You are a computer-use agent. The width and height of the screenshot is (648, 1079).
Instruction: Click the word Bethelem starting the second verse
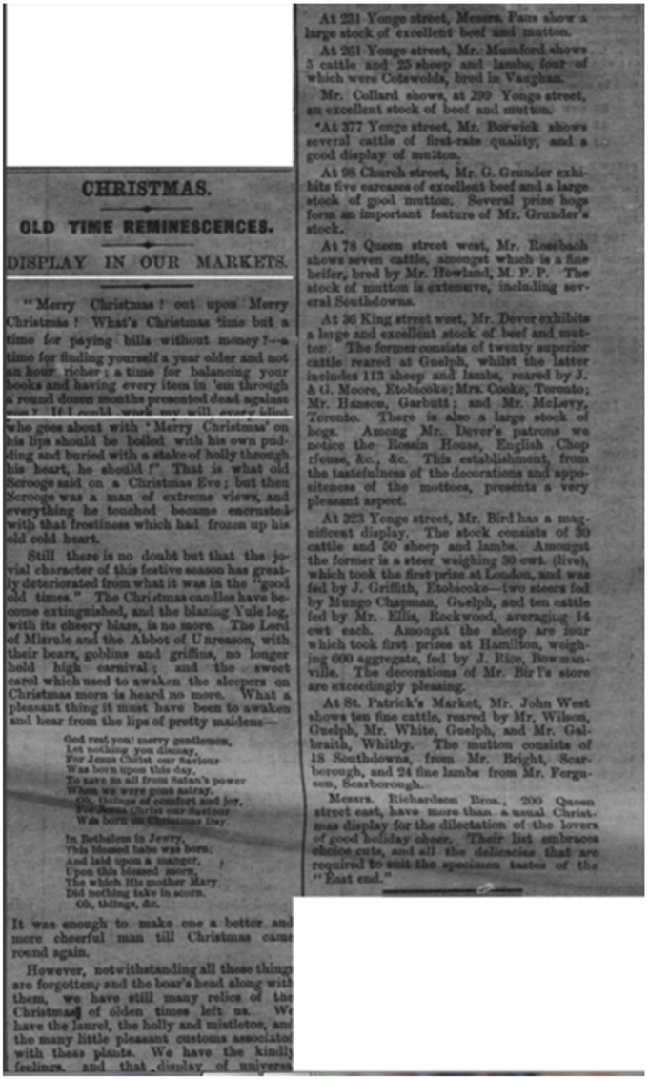100,840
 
